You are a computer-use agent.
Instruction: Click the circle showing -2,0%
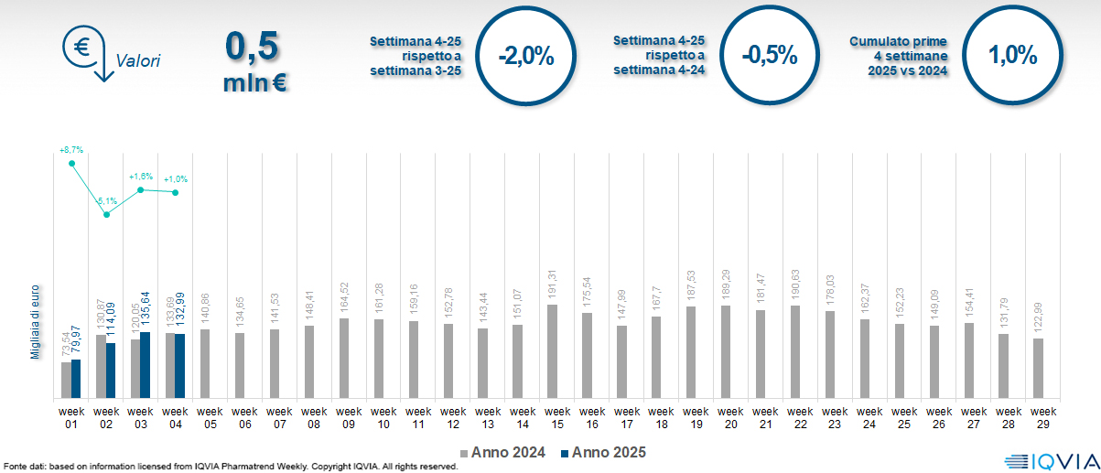526,56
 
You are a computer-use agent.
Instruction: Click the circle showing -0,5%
770,56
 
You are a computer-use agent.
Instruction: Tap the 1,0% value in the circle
1013,56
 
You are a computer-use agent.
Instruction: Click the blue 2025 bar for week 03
146,365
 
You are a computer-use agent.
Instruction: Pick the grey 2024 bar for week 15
552,351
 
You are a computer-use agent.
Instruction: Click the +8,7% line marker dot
72,163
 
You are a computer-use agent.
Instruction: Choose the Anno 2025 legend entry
604,452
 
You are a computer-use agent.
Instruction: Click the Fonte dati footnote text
229,467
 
